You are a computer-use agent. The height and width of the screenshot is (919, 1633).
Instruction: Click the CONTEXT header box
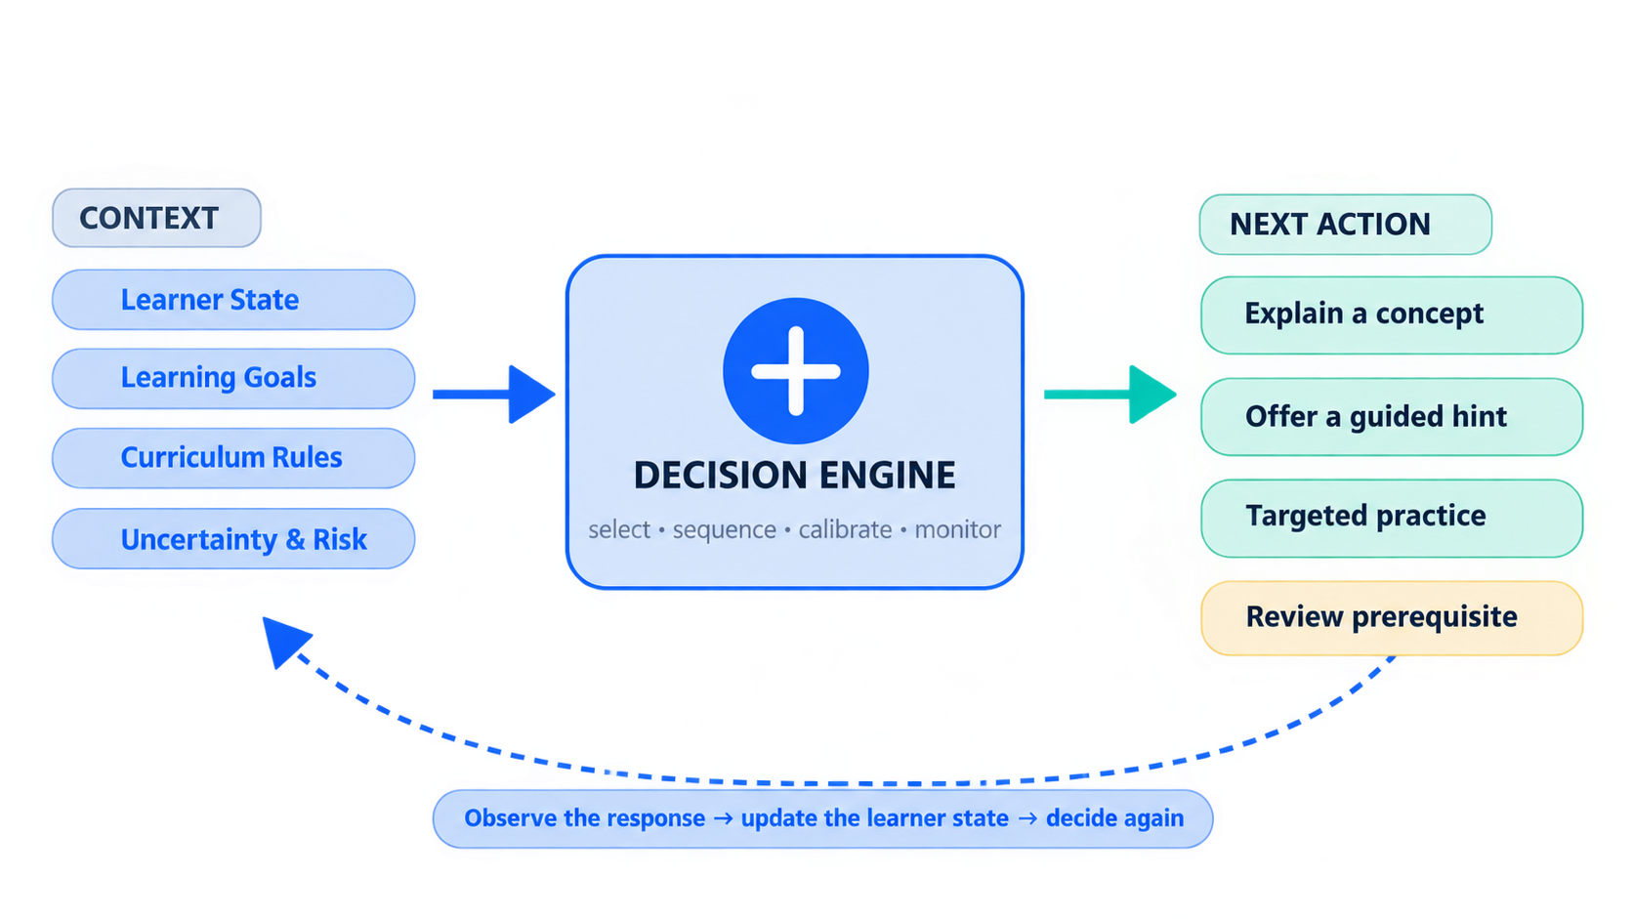coord(156,218)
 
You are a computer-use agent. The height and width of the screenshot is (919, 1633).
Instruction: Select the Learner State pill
coord(233,300)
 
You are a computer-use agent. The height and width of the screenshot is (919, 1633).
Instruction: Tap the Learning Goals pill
coord(233,378)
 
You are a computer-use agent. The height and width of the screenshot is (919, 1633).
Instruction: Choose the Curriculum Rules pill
coord(233,458)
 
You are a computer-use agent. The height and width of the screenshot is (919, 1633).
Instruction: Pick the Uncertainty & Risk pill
coord(233,538)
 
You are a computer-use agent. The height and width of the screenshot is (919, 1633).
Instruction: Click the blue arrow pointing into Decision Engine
coord(494,395)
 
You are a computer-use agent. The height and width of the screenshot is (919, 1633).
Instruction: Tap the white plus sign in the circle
coord(796,371)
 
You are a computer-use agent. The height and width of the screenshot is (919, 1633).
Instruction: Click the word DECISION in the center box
coord(720,476)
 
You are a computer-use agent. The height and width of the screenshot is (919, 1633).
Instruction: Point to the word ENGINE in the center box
coord(887,476)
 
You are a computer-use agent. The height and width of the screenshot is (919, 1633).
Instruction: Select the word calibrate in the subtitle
coord(845,529)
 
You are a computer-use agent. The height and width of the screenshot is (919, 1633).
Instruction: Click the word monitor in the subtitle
coord(958,529)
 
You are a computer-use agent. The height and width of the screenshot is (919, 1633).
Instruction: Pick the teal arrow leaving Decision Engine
coord(1110,395)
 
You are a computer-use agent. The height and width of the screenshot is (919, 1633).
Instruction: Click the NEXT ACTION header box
coord(1346,225)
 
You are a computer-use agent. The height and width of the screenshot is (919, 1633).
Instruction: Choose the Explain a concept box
coord(1392,314)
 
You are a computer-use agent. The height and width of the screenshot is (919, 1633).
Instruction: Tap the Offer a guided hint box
coord(1392,417)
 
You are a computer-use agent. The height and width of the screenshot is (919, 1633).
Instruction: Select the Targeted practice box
coord(1392,519)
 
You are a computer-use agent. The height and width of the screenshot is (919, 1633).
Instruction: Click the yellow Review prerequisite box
coord(1392,618)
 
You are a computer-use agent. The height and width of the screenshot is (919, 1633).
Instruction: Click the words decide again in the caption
coord(1114,818)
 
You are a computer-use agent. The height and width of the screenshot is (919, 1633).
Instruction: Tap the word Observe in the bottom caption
coord(511,817)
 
